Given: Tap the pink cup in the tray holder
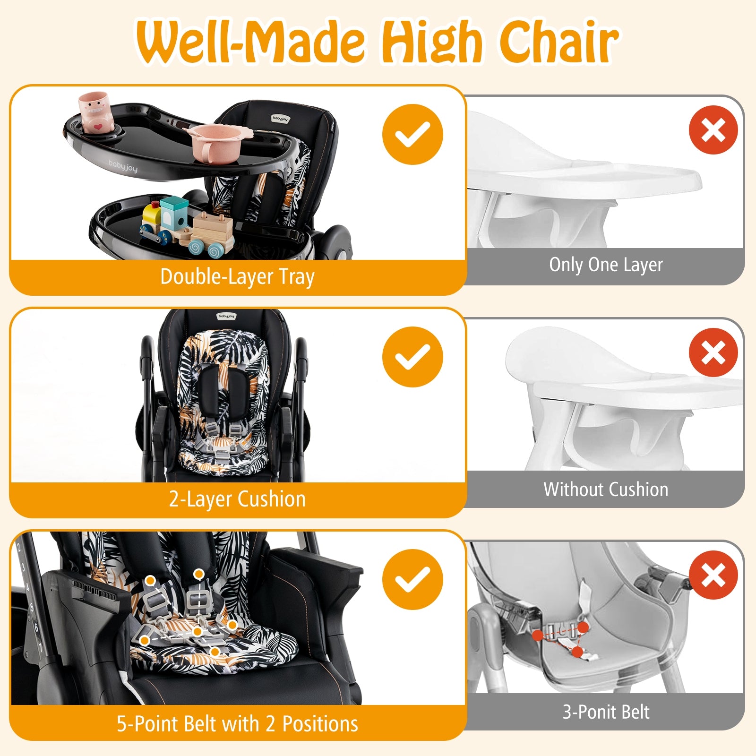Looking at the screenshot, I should click(x=96, y=113).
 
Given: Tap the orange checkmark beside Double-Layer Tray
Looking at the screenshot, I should click(x=412, y=134).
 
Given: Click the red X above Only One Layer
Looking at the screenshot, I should click(x=713, y=130).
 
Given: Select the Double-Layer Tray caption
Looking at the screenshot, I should click(x=237, y=277).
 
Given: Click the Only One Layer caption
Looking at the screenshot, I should click(x=606, y=265).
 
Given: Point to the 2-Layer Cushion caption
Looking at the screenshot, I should click(x=237, y=499).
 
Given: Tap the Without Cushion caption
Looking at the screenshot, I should click(x=606, y=490).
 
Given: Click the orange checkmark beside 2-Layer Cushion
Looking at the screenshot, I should click(x=412, y=357).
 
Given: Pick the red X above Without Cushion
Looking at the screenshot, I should click(x=713, y=352).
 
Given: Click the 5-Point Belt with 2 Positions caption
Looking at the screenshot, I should click(x=237, y=724).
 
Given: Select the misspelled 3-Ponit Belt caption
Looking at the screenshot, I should click(x=606, y=712).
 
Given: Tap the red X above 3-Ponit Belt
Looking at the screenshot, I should click(x=713, y=575).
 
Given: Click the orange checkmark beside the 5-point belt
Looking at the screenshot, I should click(x=412, y=579).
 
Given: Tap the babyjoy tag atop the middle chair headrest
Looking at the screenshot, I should click(x=226, y=316).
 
